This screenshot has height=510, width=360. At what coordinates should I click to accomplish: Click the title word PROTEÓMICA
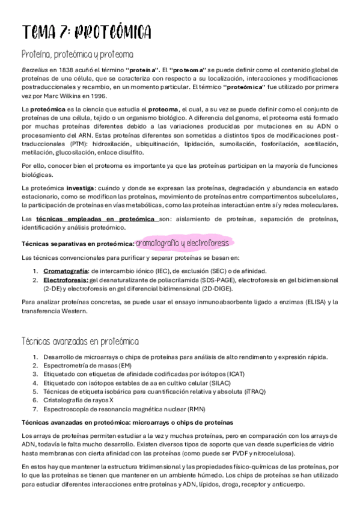(x=111, y=32)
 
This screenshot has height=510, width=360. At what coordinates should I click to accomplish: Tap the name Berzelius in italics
(x=34, y=70)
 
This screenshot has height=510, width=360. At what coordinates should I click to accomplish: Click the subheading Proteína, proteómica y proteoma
(x=78, y=55)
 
